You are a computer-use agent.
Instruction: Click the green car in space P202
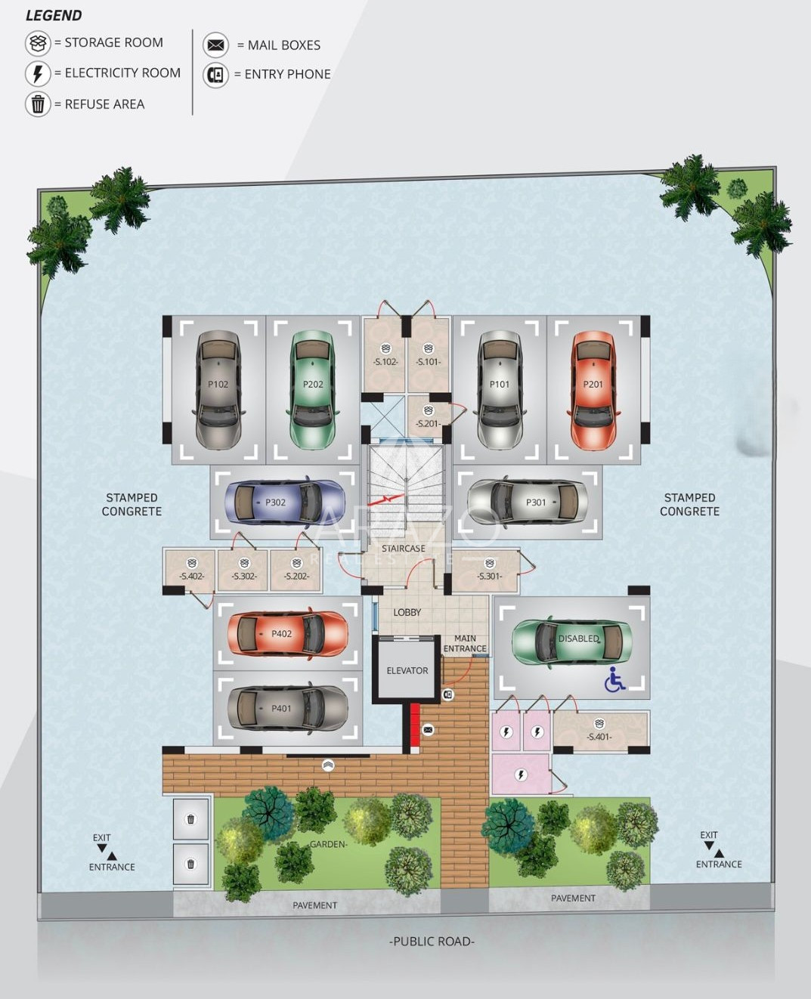[313, 389]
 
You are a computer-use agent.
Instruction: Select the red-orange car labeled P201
[593, 389]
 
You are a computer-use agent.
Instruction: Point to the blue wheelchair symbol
[614, 679]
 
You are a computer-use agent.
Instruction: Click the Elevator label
[407, 671]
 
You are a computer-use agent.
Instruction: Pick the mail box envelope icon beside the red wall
[428, 730]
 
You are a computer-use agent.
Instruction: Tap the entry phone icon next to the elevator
[448, 694]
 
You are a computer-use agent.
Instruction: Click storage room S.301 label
[489, 576]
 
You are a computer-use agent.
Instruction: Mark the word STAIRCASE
[404, 549]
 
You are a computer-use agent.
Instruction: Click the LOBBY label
[407, 612]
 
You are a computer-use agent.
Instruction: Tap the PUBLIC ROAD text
[432, 942]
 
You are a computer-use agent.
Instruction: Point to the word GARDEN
[328, 844]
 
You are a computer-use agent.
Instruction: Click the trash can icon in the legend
[38, 104]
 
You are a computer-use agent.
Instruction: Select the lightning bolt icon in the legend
[38, 73]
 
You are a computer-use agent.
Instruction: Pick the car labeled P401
[288, 708]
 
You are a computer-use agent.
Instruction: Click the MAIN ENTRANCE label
[465, 644]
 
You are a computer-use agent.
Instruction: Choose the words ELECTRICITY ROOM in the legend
[122, 73]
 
